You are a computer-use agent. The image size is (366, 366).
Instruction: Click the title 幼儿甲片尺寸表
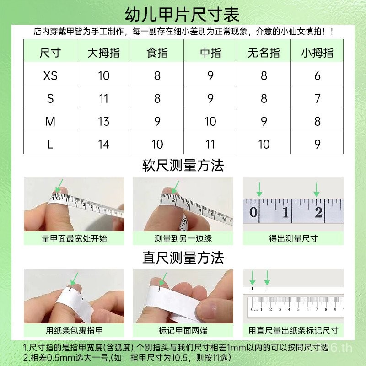point(182,15)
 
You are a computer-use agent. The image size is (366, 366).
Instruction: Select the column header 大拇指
point(104,53)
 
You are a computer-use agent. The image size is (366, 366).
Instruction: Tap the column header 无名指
point(264,53)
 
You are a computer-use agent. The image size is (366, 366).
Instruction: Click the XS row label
point(50,75)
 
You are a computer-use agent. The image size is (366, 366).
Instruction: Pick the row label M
point(50,121)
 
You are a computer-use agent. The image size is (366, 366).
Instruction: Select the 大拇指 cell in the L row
point(104,144)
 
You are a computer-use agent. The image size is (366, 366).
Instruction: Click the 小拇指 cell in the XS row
point(317,75)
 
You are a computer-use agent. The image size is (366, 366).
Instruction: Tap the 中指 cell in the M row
point(210,121)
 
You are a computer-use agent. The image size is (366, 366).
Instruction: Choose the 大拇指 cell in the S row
point(104,98)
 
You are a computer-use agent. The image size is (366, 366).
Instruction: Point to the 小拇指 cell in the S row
point(317,98)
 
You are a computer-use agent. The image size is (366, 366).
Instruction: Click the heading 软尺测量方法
point(183,166)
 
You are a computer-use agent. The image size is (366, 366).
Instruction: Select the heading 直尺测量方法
point(183,258)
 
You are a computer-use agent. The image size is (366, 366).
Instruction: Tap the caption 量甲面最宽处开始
point(74,238)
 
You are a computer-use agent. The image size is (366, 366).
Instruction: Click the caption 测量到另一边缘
point(183,238)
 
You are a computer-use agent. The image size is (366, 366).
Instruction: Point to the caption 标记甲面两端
point(183,330)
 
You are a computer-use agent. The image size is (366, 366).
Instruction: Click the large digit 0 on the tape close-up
point(253,212)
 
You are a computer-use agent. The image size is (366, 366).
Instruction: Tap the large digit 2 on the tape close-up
point(318,212)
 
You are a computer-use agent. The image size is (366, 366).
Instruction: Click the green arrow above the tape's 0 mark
point(259,189)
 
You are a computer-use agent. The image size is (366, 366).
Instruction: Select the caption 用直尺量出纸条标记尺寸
point(293,330)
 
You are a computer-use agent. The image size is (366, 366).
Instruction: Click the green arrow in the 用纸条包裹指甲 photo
point(75,279)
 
